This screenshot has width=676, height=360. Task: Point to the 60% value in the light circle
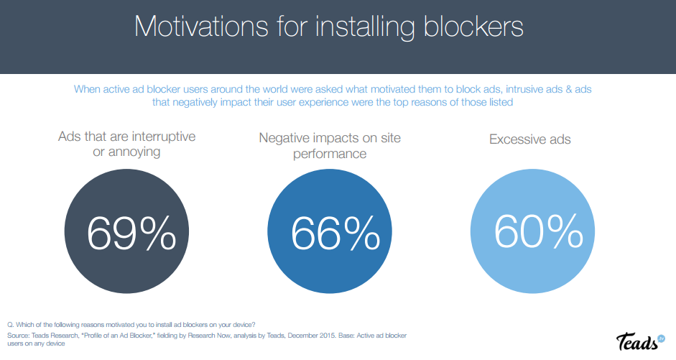[538, 231]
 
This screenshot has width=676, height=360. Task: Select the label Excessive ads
[530, 139]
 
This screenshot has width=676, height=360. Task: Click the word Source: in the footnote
[18, 335]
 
